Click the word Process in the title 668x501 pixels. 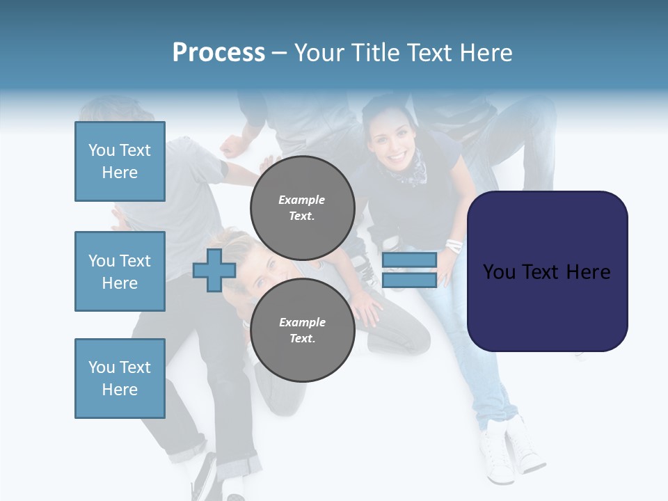(x=218, y=53)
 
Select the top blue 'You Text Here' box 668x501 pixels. (x=120, y=161)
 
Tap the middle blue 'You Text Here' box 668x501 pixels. (x=120, y=271)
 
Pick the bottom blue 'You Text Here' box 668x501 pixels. (x=120, y=379)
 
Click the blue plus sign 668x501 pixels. (x=214, y=270)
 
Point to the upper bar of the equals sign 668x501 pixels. (x=409, y=260)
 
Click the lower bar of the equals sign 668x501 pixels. (x=409, y=280)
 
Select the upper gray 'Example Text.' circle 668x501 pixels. (x=302, y=208)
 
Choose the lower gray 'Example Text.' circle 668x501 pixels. (x=302, y=331)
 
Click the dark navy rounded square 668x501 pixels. (x=547, y=271)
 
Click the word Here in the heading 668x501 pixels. (x=485, y=53)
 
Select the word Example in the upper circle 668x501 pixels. (x=301, y=200)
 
